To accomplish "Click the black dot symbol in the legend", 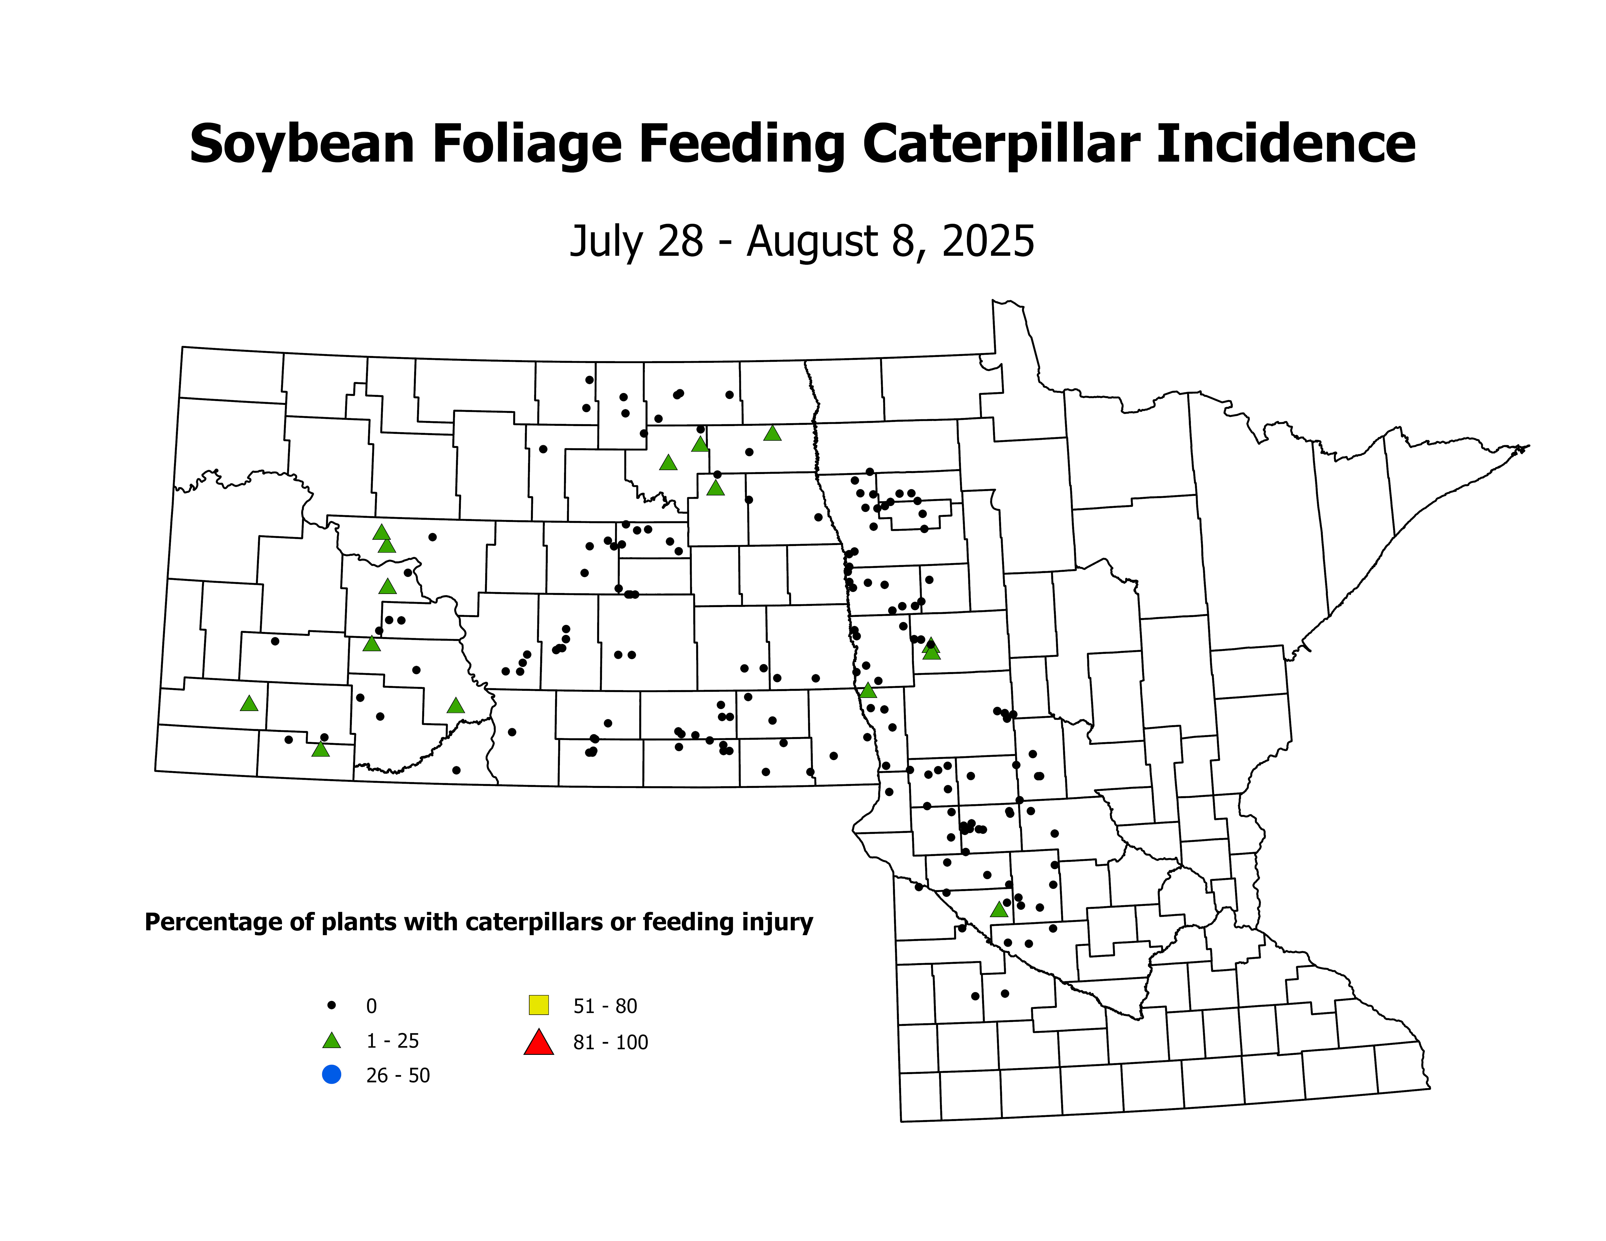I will [x=332, y=1005].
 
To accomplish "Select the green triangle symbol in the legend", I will [x=332, y=1040].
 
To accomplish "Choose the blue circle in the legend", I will [x=332, y=1075].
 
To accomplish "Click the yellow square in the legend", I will [x=538, y=1004].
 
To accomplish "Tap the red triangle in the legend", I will [x=538, y=1042].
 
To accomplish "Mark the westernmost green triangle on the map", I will [x=249, y=703].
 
